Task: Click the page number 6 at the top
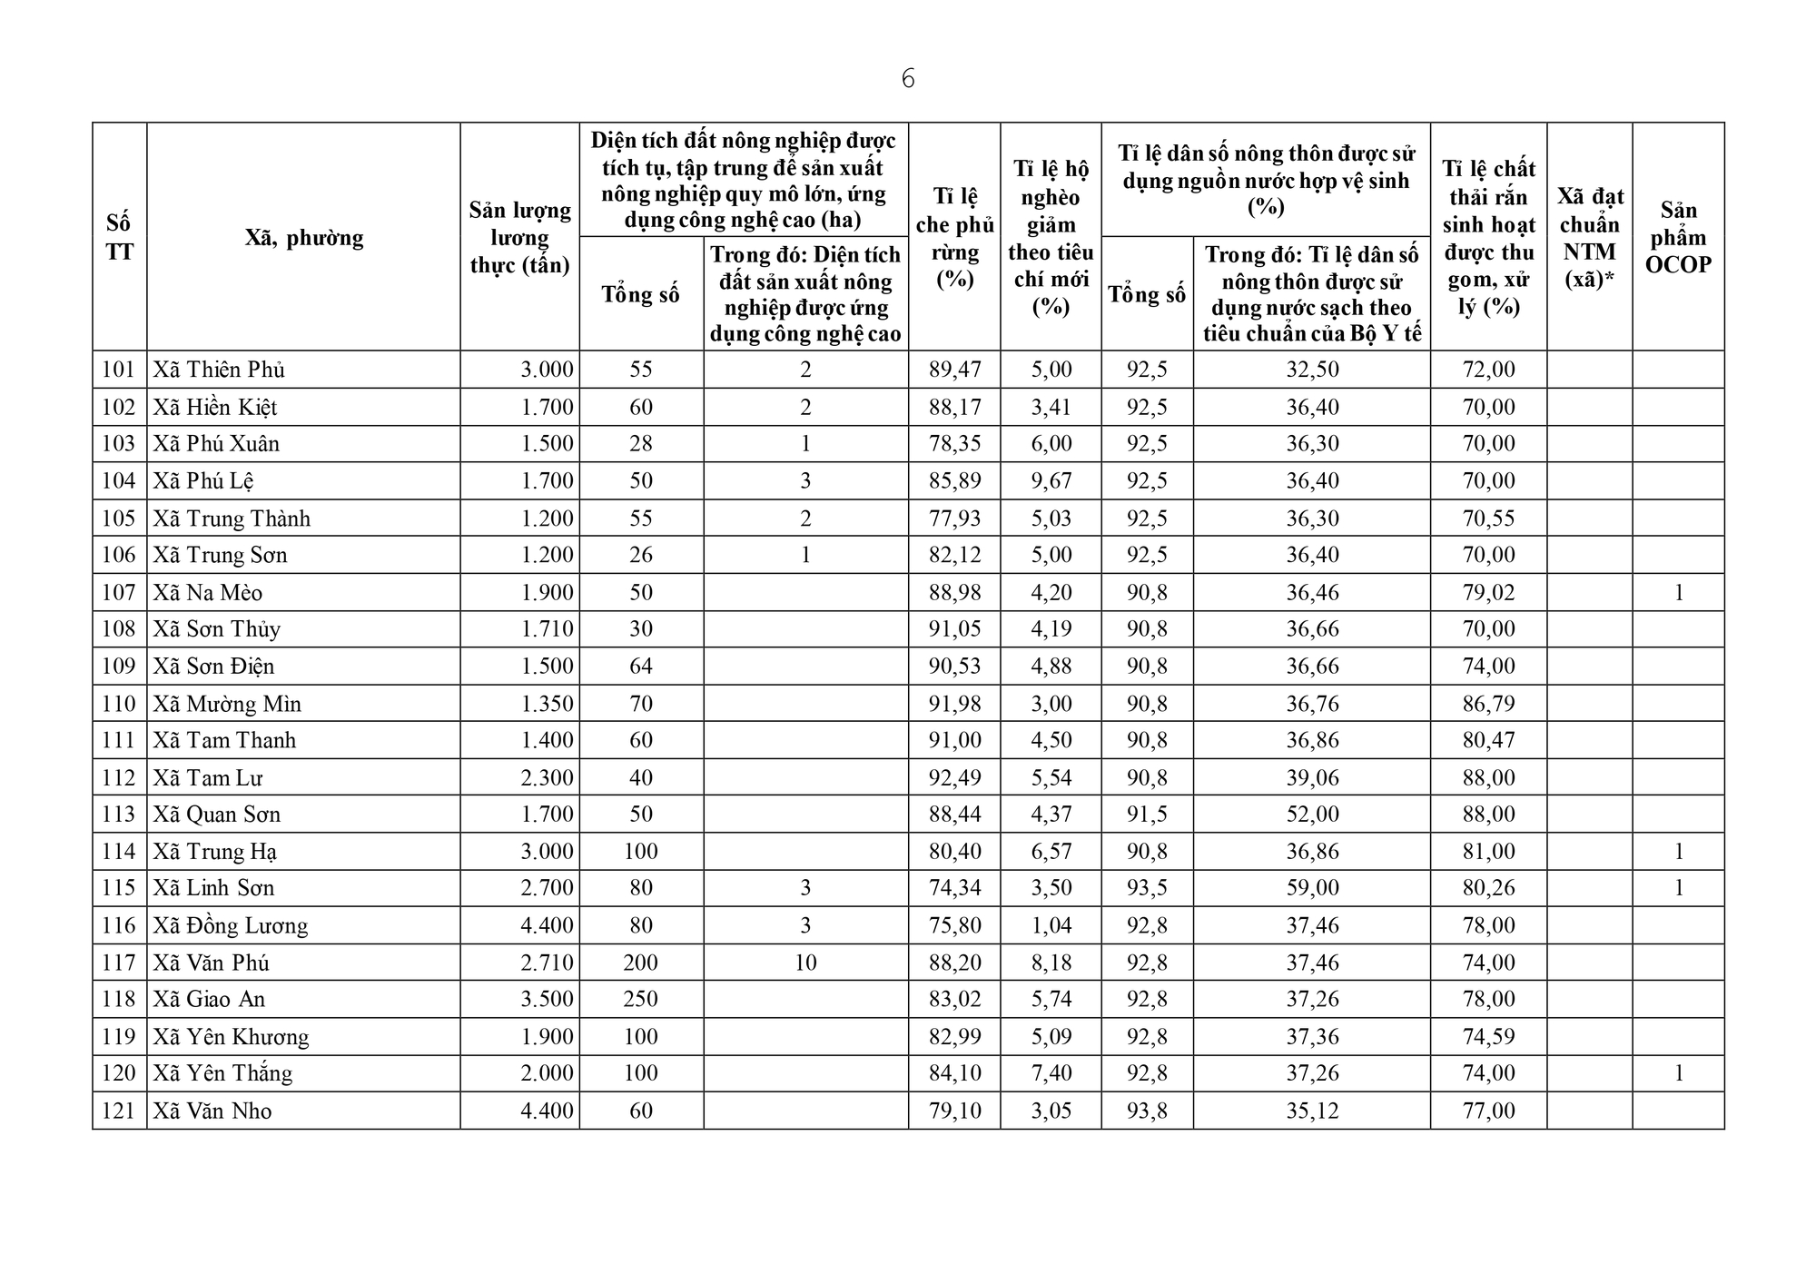(908, 80)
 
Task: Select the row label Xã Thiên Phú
(219, 370)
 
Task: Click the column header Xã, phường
(303, 238)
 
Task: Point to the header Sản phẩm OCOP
(1678, 238)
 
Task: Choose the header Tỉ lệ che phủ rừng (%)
(954, 238)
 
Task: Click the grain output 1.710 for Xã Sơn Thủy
(547, 629)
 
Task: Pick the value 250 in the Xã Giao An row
(641, 999)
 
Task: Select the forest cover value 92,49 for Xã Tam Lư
(954, 777)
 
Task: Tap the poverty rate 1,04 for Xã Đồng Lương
(1051, 925)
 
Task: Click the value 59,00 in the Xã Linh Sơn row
(1312, 888)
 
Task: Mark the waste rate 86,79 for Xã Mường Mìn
(1488, 704)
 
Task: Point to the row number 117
(119, 963)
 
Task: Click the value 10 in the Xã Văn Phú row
(805, 963)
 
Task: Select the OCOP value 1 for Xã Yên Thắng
(1678, 1073)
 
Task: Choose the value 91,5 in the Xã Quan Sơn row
(1147, 815)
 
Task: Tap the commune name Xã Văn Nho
(212, 1111)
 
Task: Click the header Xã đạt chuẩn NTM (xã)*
(1589, 238)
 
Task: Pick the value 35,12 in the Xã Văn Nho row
(1312, 1111)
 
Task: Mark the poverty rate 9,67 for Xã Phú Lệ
(1051, 481)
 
